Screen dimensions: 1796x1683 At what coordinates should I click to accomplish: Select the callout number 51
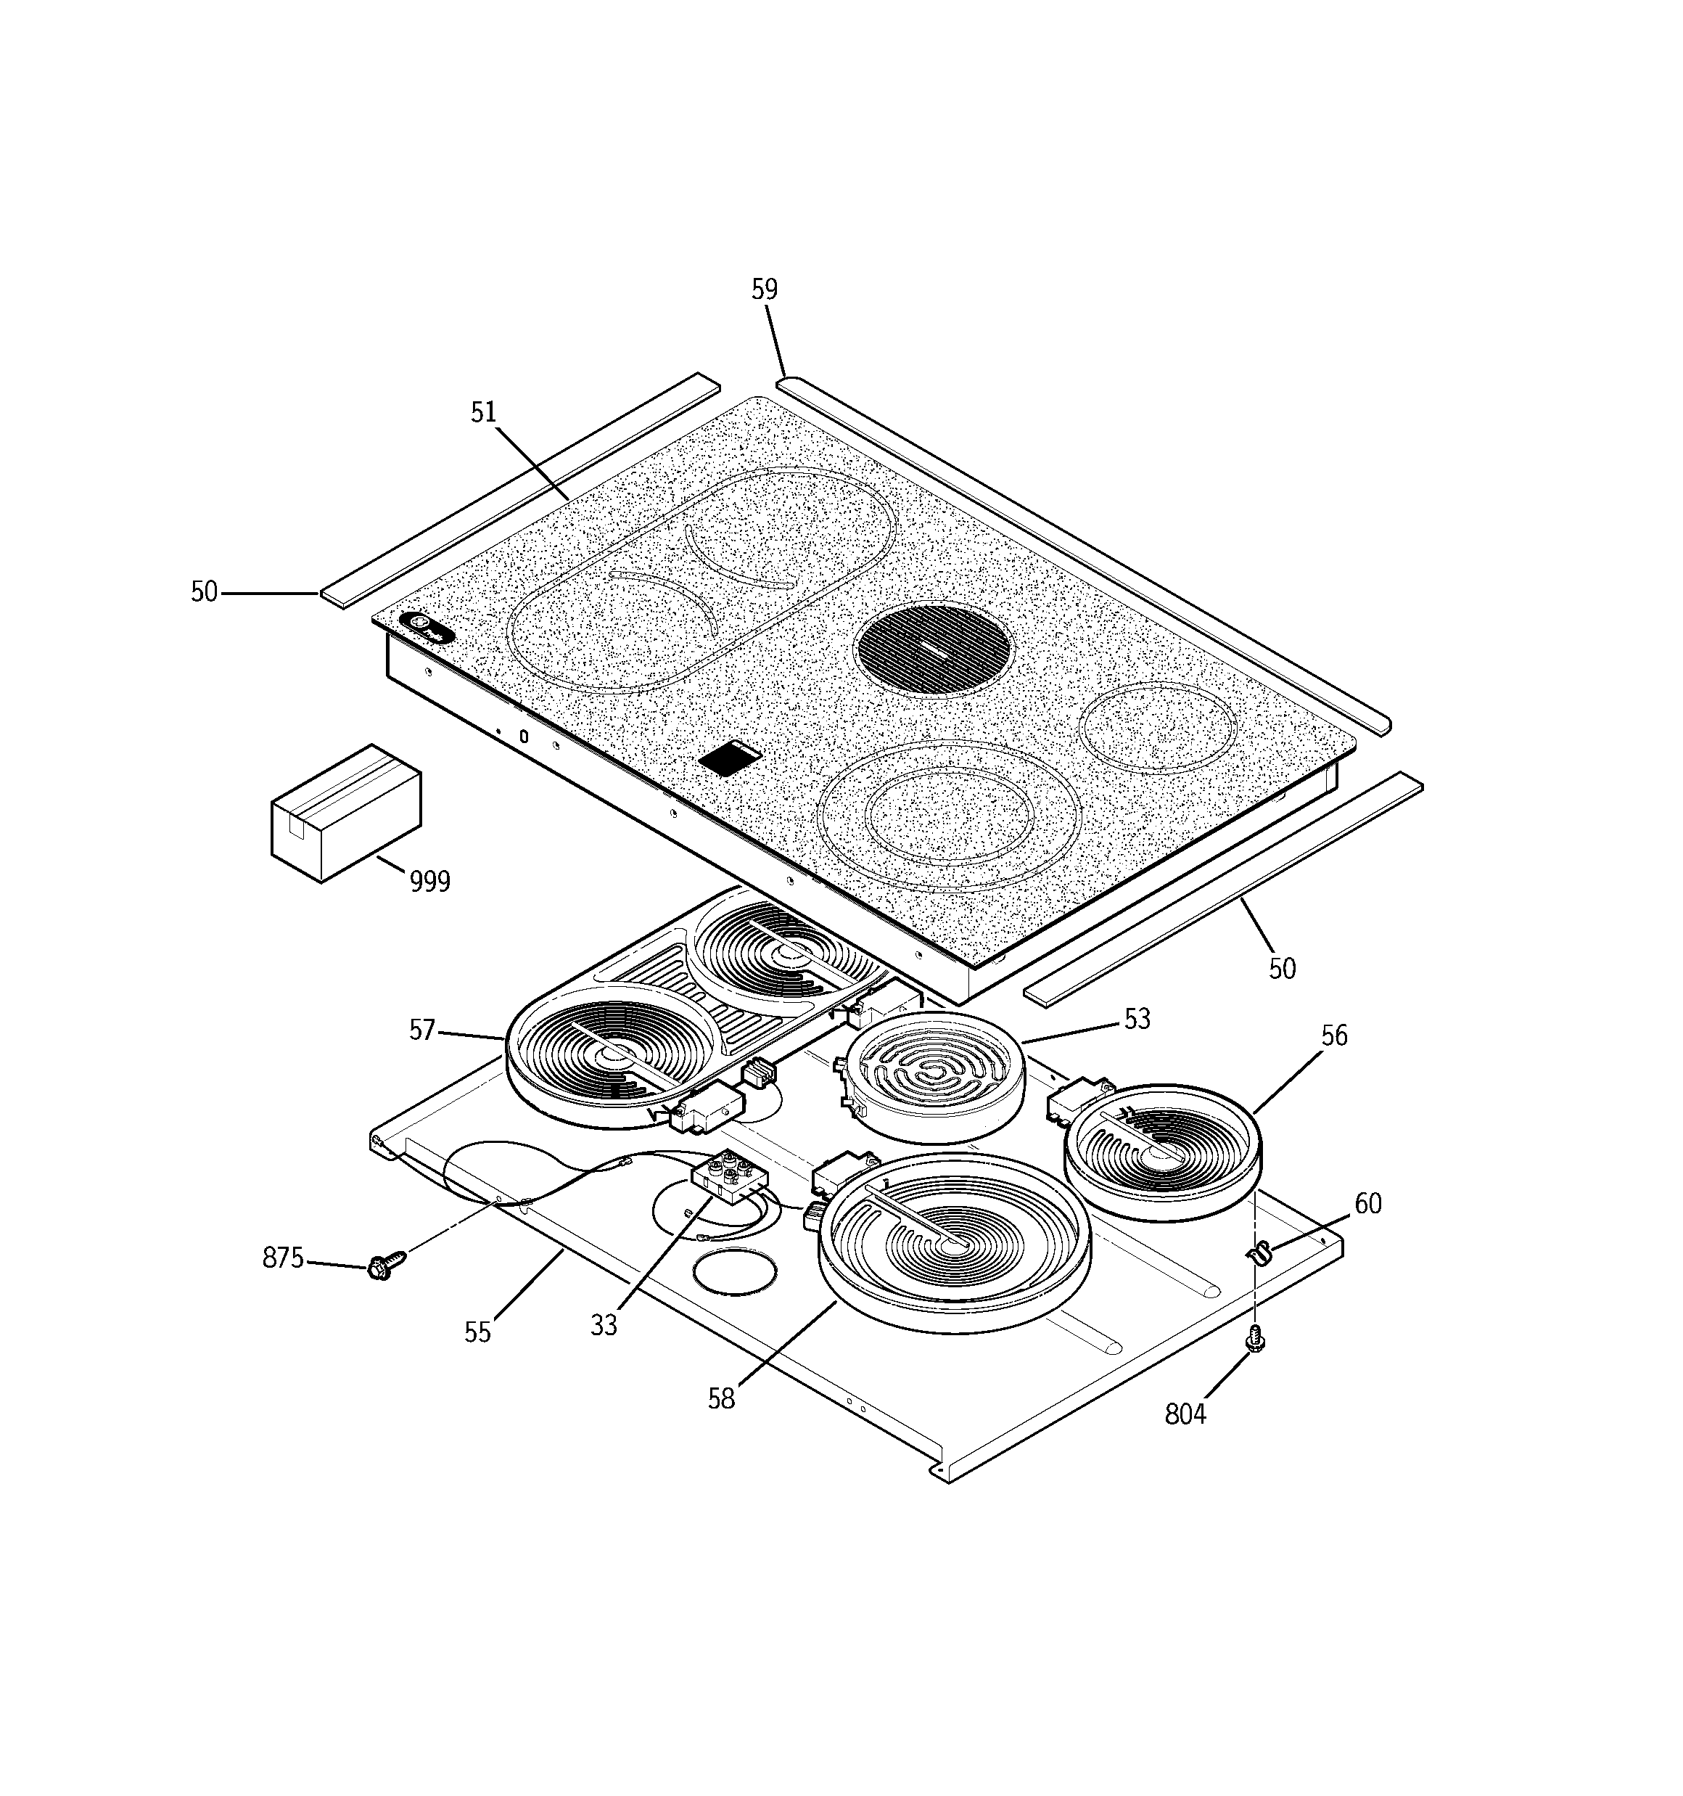click(x=483, y=412)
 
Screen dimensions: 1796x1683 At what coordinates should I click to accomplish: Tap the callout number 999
click(x=429, y=881)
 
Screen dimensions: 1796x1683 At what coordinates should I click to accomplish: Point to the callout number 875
click(x=282, y=1258)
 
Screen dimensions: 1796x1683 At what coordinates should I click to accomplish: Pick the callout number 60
click(x=1367, y=1203)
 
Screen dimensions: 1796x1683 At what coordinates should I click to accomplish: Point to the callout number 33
click(x=604, y=1325)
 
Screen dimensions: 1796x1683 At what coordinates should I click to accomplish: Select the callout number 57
click(x=422, y=1030)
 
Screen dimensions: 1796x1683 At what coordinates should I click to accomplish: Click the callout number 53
click(x=1137, y=1019)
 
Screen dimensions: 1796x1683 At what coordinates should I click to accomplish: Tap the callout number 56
click(x=1333, y=1036)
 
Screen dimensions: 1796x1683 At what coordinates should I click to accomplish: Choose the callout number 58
click(x=721, y=1398)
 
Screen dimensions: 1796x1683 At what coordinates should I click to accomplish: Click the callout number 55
click(x=477, y=1332)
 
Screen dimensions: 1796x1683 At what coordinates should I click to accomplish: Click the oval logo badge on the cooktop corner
click(x=427, y=628)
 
